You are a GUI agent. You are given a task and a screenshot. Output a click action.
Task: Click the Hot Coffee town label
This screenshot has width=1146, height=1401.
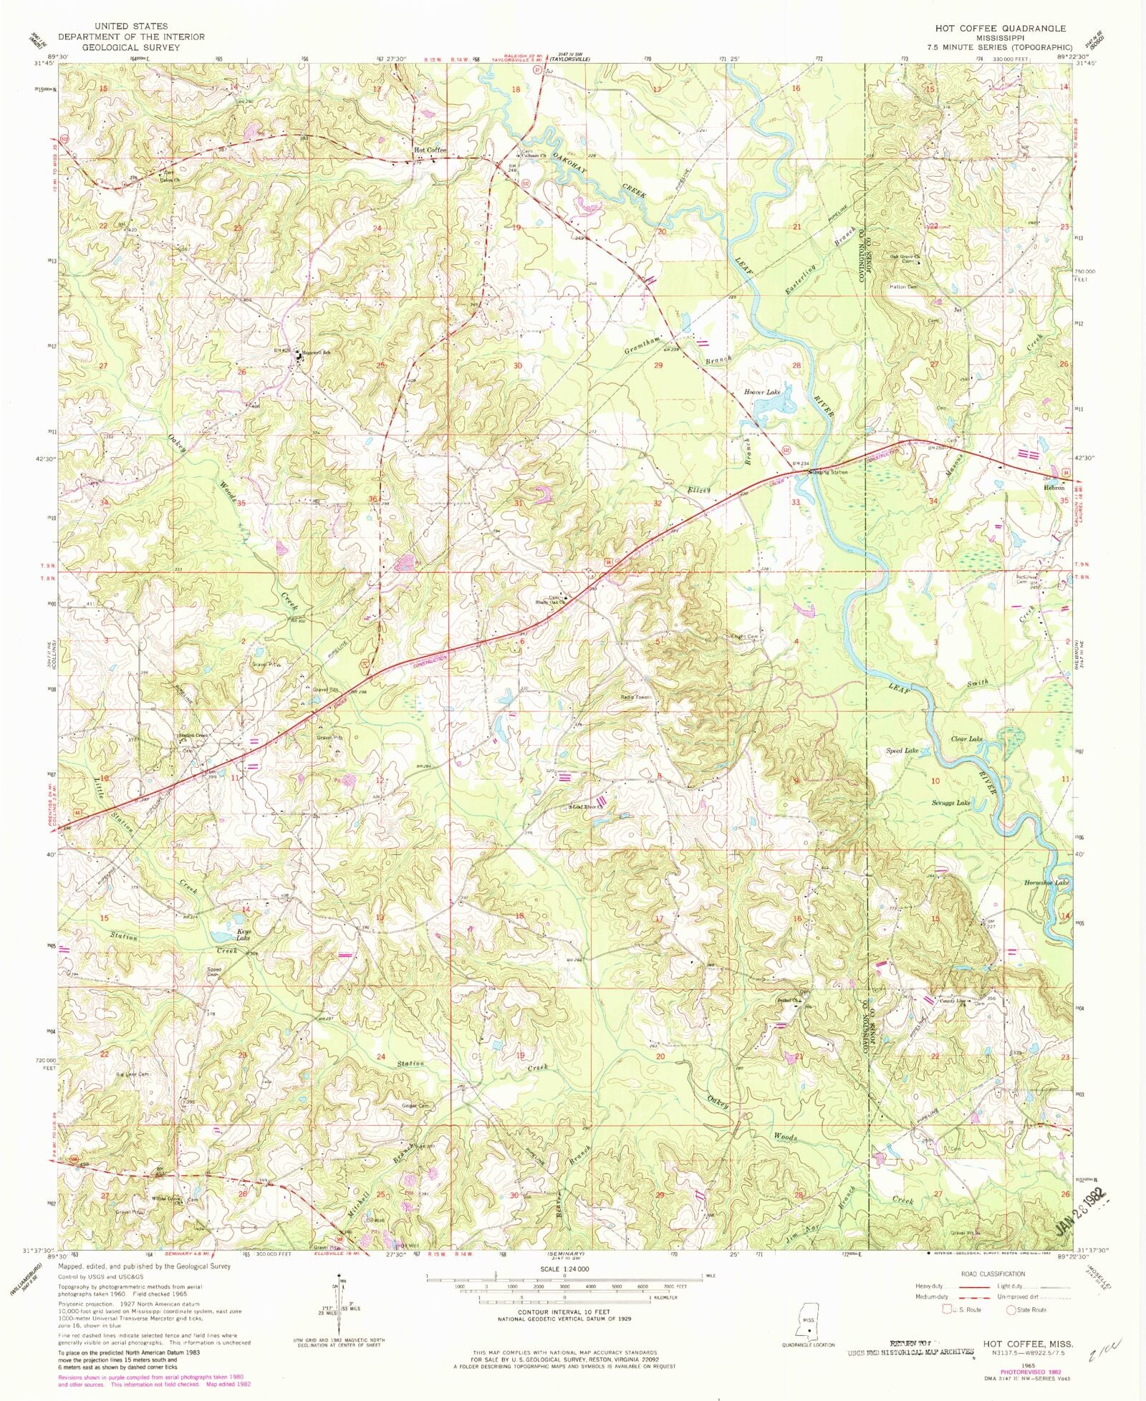tap(430, 150)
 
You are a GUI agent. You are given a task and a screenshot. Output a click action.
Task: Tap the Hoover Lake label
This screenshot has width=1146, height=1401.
tap(762, 392)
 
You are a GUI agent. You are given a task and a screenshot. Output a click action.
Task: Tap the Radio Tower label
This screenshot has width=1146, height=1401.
tap(636, 697)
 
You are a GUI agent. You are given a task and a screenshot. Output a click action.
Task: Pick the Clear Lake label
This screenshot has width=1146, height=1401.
tap(966, 738)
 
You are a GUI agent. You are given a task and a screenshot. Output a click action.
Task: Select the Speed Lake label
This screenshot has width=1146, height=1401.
tap(902, 751)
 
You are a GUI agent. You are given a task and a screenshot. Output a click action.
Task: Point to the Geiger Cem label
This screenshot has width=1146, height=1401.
tap(415, 1106)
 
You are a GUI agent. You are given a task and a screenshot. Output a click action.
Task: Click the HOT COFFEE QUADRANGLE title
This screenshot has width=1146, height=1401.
tap(1000, 29)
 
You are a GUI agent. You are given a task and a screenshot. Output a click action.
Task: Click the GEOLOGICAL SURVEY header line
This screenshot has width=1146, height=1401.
tap(131, 47)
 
